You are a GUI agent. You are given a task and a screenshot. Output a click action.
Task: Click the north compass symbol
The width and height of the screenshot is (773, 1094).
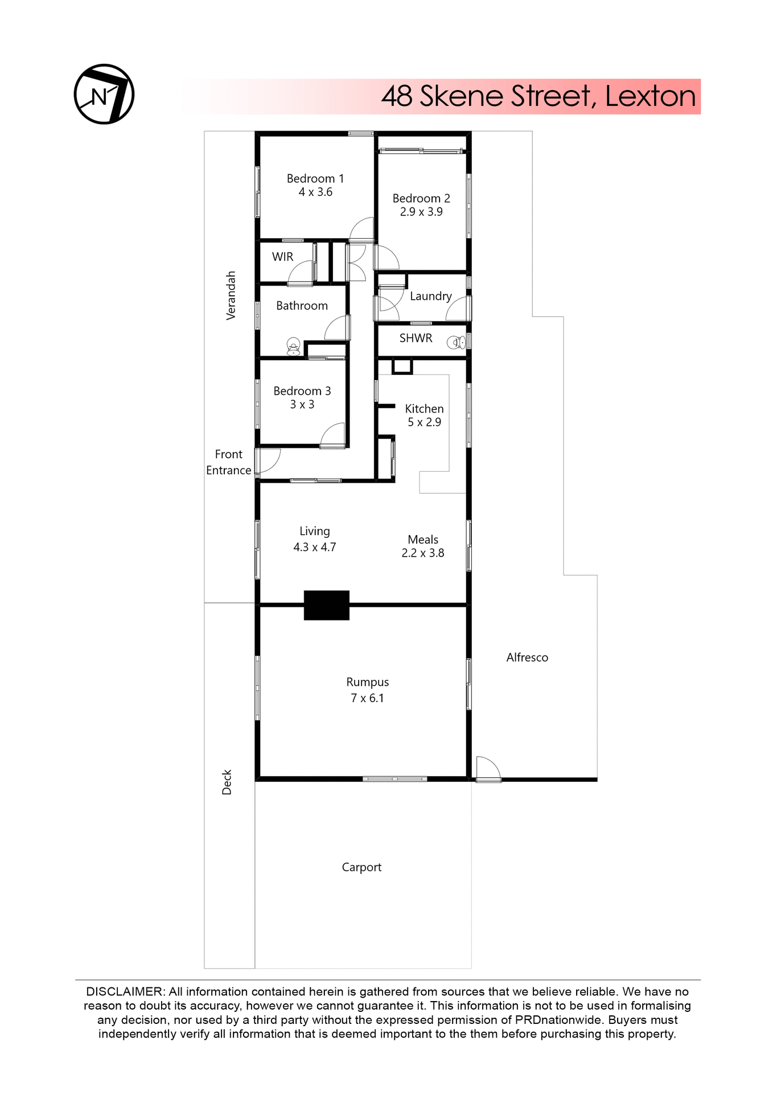(104, 94)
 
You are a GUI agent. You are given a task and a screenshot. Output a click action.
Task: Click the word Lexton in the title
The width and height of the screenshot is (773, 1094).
(650, 96)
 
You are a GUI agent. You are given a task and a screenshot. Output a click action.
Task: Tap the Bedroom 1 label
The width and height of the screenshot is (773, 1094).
(315, 178)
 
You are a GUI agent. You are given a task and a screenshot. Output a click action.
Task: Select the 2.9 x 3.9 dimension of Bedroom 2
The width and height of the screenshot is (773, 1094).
(421, 212)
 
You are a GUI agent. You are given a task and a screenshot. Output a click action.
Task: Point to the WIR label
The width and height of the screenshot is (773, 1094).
(283, 257)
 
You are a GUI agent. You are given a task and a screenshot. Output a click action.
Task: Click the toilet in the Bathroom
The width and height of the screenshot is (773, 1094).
(293, 346)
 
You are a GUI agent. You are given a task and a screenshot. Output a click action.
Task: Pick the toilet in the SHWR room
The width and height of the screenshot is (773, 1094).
(457, 342)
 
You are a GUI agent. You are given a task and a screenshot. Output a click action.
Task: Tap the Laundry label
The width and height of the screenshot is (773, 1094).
(431, 296)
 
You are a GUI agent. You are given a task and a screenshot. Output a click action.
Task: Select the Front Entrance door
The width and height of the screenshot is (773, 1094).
(268, 461)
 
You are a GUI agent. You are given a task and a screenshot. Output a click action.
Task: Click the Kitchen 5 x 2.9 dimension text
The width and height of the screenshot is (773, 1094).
(424, 422)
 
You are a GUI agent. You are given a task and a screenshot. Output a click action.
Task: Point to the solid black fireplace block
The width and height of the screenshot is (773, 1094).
(326, 605)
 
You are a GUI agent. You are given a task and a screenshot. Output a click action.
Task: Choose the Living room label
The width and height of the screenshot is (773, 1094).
(315, 531)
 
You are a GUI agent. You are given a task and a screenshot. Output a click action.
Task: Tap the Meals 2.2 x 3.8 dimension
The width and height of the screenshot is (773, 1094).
(423, 553)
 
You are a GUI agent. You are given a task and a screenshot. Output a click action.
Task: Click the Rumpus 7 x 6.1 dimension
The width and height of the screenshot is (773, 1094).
(368, 698)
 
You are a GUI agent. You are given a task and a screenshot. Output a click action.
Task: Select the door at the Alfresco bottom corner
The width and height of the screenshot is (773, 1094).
(488, 769)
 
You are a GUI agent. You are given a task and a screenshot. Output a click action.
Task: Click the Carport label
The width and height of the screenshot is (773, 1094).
(361, 867)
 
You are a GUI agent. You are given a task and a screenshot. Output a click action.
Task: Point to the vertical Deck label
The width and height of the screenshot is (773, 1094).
(227, 782)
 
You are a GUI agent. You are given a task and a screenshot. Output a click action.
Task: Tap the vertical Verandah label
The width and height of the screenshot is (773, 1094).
(231, 295)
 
